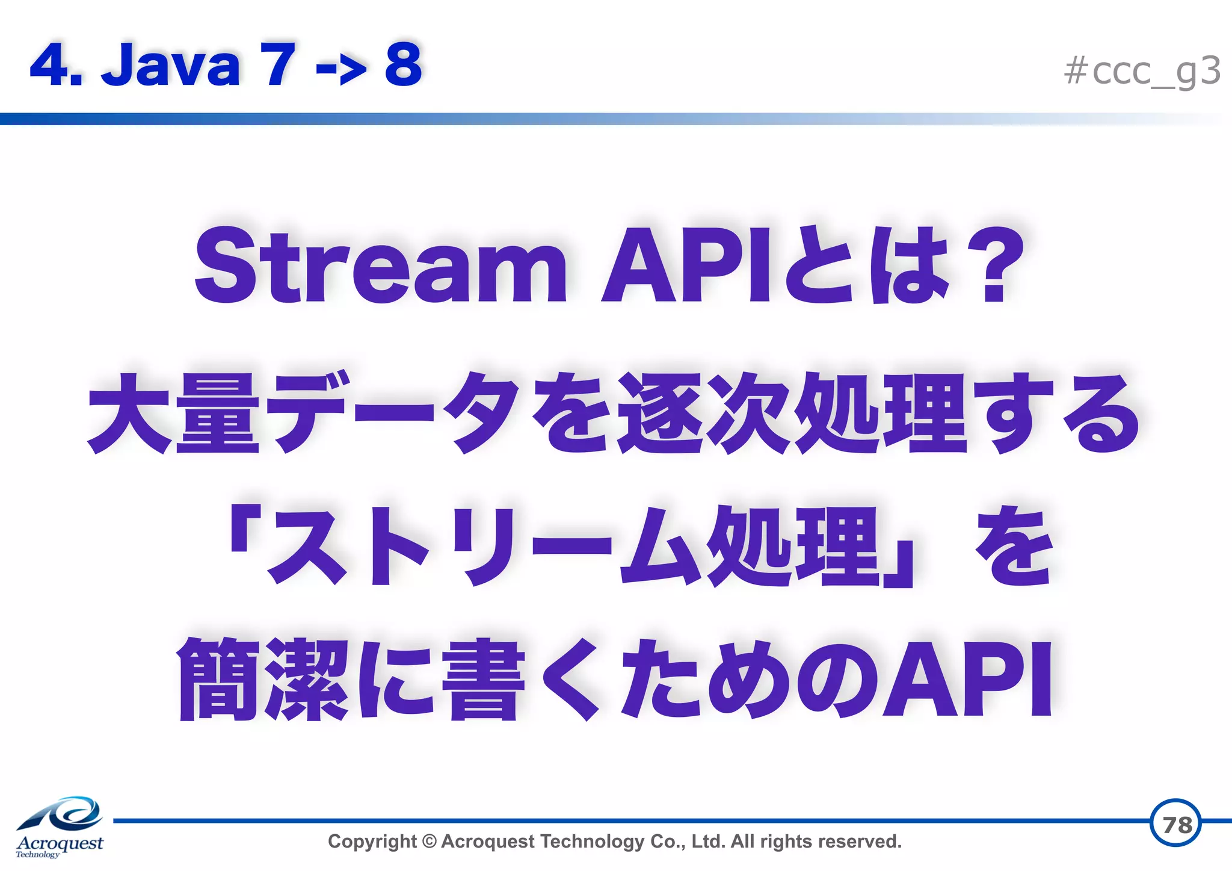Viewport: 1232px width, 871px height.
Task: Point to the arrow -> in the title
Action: [340, 67]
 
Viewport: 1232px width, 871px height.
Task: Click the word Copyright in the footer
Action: [372, 841]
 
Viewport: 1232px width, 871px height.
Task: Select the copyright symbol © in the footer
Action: [429, 841]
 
